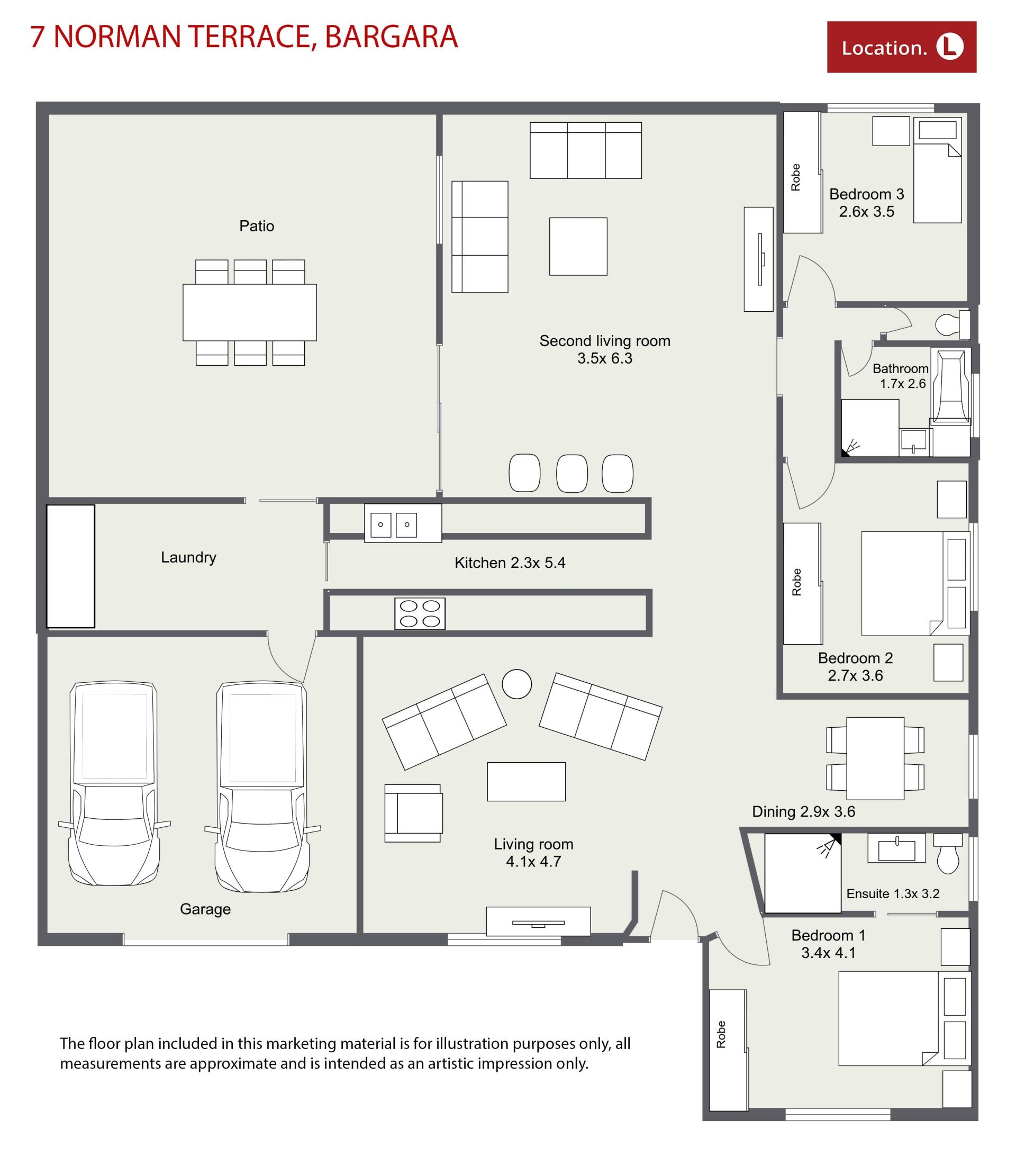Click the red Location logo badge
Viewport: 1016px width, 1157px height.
(901, 47)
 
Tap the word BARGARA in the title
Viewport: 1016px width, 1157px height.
(391, 38)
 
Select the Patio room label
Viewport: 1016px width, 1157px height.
(257, 226)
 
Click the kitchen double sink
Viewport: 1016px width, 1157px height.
(403, 523)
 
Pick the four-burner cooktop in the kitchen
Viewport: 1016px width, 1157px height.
(420, 613)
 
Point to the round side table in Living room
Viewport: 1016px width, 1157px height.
(517, 684)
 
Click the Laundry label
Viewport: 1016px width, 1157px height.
(188, 557)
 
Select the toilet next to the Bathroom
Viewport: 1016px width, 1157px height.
(952, 324)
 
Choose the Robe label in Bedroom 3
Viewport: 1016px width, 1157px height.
(796, 177)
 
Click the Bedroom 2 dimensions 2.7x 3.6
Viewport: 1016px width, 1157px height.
(855, 675)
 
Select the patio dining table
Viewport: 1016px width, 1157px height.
(250, 312)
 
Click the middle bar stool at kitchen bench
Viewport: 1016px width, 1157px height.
(571, 473)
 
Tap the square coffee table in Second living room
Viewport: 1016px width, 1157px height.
(578, 246)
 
